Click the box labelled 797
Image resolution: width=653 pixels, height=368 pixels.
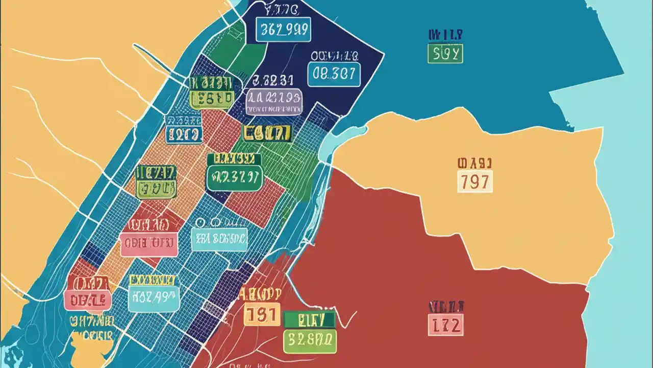(475, 181)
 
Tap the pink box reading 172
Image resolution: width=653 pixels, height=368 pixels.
(445, 325)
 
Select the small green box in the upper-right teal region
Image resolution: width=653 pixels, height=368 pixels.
(445, 54)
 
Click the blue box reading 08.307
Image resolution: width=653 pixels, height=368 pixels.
(334, 75)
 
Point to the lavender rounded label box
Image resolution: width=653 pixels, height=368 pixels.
(274, 101)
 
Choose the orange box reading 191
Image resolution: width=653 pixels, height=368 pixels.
(262, 314)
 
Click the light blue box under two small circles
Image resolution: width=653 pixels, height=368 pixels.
(219, 239)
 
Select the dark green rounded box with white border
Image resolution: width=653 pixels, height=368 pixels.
(234, 178)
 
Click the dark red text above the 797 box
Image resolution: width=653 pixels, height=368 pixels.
(474, 164)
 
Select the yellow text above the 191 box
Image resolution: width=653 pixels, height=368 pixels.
(261, 293)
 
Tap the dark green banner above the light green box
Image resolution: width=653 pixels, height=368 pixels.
(309, 320)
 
